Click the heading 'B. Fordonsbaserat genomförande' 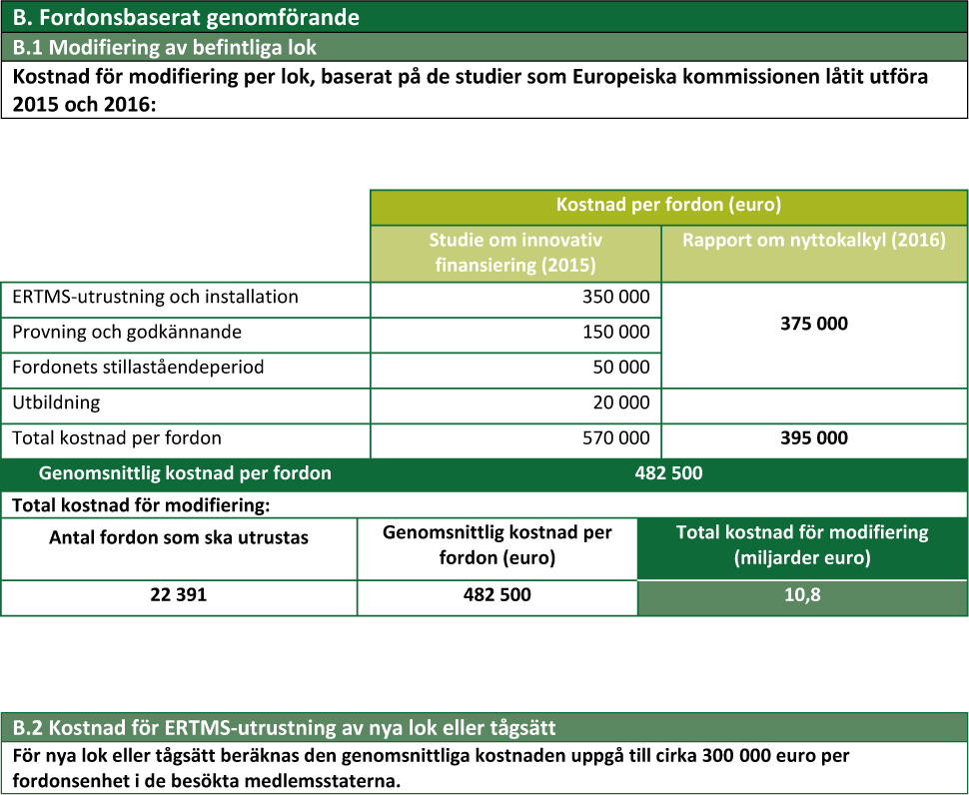186,17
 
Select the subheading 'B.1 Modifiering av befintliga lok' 164,47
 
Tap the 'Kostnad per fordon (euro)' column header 668,206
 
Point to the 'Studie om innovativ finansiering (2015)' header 515,253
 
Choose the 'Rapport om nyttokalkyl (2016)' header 814,241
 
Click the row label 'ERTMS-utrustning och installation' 155,297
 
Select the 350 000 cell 615,297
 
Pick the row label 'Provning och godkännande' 127,332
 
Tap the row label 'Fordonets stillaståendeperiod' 138,367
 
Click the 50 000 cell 621,367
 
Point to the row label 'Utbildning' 56,402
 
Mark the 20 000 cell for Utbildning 621,402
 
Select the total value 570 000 615,437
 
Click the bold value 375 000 814,325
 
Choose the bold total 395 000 814,437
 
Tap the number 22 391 179,594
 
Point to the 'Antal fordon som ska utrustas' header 179,537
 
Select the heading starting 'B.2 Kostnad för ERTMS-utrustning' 284,726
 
